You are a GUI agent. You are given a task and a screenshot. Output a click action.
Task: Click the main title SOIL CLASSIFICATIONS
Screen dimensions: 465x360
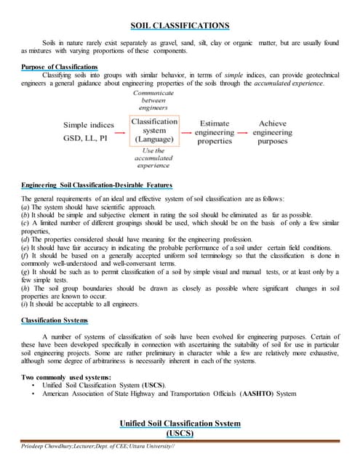click(180, 26)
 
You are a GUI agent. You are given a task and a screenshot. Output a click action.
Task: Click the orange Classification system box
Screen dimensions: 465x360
click(154, 131)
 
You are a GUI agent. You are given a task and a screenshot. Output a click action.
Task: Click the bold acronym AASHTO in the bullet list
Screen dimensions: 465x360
click(259, 393)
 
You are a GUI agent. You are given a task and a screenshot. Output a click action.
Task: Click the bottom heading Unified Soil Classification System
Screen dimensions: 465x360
click(179, 423)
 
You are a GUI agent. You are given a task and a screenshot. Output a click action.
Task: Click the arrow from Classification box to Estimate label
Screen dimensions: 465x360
click(188, 134)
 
